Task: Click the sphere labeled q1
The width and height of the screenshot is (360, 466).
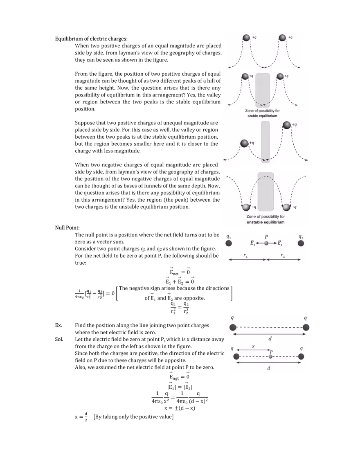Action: pos(229,243)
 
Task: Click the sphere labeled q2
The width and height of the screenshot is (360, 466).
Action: pos(301,243)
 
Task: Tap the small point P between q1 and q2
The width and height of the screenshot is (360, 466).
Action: pos(266,243)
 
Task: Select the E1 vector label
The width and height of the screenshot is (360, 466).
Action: pos(279,243)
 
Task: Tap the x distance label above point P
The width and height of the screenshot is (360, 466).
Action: pos(253,346)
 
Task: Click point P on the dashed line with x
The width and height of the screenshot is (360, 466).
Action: pos(270,356)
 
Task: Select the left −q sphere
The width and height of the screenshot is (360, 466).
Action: pos(246,207)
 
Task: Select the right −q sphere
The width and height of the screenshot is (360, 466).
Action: pos(286,207)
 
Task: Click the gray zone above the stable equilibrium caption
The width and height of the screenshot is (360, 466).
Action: pos(263,90)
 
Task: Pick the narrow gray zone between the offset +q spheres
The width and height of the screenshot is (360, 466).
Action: pos(265,142)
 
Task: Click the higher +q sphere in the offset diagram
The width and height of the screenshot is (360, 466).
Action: pos(287,125)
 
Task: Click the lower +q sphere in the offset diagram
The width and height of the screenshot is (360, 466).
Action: pos(244,143)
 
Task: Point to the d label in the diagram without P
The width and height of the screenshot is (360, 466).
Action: pos(269,339)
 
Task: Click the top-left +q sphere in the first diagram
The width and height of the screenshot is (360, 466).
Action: pos(246,38)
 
